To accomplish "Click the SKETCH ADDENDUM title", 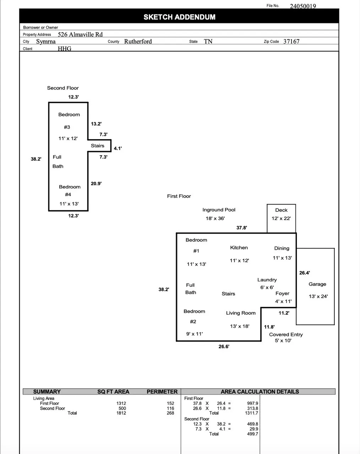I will pyautogui.click(x=179, y=17).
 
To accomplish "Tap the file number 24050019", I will pyautogui.click(x=302, y=6).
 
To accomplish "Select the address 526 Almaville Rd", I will pyautogui.click(x=80, y=34).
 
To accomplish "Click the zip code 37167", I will pyautogui.click(x=291, y=41).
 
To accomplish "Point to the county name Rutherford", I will pyautogui.click(x=138, y=41).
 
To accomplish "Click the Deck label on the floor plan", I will pyautogui.click(x=281, y=210).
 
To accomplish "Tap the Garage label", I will pyautogui.click(x=317, y=284).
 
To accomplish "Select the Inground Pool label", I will pyautogui.click(x=219, y=210).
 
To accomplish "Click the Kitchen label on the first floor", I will pyautogui.click(x=239, y=248).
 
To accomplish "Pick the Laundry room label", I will pyautogui.click(x=267, y=280).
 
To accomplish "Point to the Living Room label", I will pyautogui.click(x=241, y=313).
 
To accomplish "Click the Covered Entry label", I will pyautogui.click(x=286, y=334).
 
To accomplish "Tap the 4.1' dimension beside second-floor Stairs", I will pyautogui.click(x=118, y=148).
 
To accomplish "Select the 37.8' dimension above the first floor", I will pyautogui.click(x=242, y=228).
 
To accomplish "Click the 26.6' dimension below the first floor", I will pyautogui.click(x=224, y=347).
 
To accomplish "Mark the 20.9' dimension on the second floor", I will pyautogui.click(x=96, y=183).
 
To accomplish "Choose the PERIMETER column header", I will pyautogui.click(x=162, y=392).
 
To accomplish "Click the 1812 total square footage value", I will pyautogui.click(x=121, y=413).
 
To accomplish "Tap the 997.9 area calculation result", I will pyautogui.click(x=252, y=403).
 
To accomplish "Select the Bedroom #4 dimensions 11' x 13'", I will pyautogui.click(x=69, y=204).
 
